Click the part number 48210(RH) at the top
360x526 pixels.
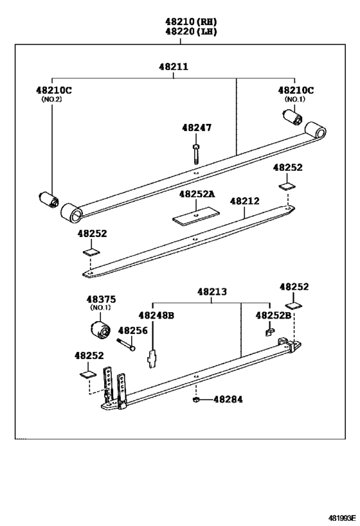181,20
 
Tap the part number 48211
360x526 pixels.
174,66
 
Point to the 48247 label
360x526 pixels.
196,128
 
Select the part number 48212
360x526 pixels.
245,201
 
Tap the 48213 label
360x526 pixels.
212,291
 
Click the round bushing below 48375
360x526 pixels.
100,329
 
